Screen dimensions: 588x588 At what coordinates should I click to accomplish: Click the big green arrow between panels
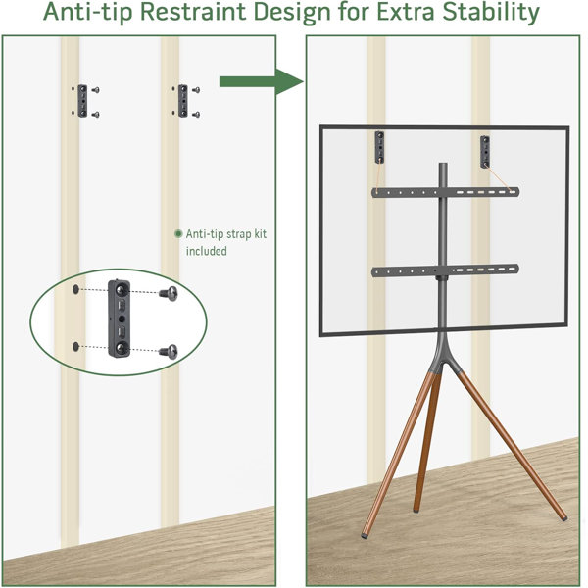coord(262,81)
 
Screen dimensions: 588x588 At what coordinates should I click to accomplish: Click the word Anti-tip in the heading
coord(88,12)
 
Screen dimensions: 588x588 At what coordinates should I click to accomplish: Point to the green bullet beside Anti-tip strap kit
coord(178,234)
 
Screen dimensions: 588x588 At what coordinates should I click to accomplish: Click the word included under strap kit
coord(207,251)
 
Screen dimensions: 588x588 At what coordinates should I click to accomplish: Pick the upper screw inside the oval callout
coord(169,293)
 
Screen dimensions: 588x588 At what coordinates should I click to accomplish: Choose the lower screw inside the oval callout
coord(169,352)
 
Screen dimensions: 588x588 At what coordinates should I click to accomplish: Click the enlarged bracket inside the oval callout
coord(120,318)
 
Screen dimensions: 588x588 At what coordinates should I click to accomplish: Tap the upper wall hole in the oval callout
coord(76,289)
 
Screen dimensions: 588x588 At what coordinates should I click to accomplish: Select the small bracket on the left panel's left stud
coord(82,101)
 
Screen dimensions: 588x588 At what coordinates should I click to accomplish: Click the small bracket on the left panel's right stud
coord(183,101)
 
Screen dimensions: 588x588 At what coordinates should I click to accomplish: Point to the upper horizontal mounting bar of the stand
coord(446,192)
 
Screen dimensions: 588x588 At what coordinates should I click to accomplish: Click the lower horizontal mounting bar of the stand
coord(445,270)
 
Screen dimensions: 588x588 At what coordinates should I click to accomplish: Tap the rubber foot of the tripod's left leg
coord(365,536)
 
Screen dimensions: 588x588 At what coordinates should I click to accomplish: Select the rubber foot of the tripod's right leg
coord(564,518)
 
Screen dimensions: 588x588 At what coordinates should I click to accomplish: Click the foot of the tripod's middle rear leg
coord(416,510)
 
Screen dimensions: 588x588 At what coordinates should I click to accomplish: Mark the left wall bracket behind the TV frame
coord(379,147)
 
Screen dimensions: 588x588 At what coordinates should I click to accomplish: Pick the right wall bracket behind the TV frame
coord(485,152)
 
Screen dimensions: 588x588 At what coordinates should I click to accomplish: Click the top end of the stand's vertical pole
coord(443,164)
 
